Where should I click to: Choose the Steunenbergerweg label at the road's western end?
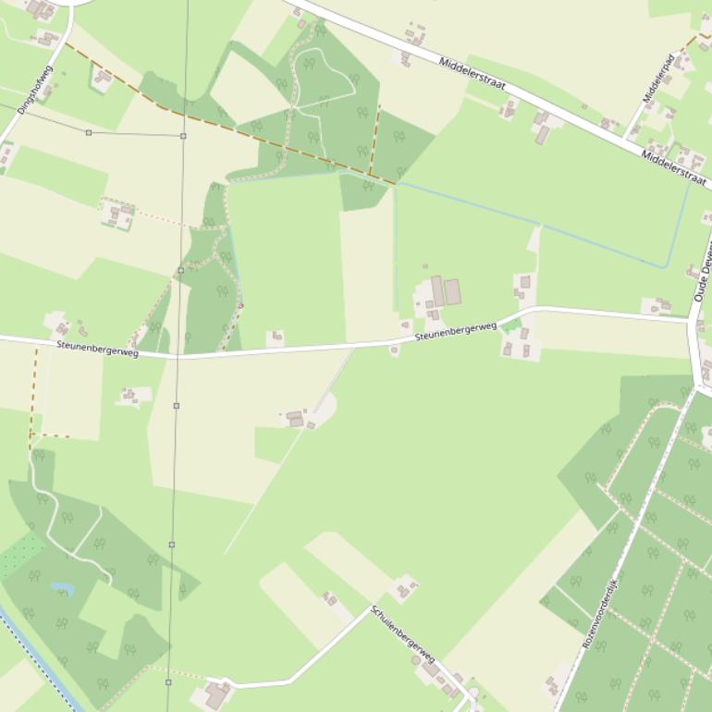pos(97,348)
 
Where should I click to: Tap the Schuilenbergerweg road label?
pos(403,633)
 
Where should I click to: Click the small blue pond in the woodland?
pos(62,588)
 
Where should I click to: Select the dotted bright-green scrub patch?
pos(20,556)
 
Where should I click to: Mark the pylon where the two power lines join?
pos(183,136)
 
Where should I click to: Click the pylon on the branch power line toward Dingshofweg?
pos(89,132)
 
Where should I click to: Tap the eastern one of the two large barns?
pos(452,292)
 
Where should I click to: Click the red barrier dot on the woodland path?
pos(240,306)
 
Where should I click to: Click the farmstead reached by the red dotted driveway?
pos(117,215)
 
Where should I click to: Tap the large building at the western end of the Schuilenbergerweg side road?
pos(218,694)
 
